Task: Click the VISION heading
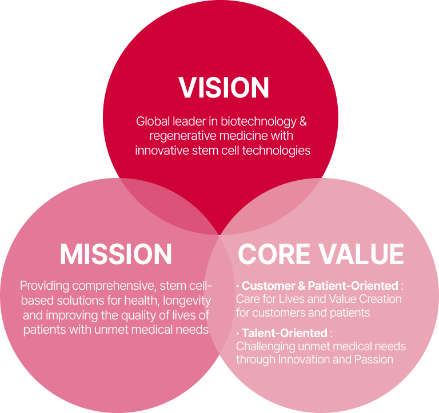click(224, 87)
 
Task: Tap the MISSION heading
click(116, 254)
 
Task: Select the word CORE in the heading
click(274, 254)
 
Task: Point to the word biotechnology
click(258, 122)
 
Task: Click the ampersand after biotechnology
click(303, 122)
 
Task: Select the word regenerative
click(183, 136)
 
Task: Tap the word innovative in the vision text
click(162, 151)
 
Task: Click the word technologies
click(276, 151)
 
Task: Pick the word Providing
click(45, 286)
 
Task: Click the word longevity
click(187, 301)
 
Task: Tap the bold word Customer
click(269, 286)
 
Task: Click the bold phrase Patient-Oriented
click(353, 286)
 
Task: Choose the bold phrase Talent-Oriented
click(285, 333)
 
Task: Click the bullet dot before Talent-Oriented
click(238, 333)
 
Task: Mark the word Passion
click(374, 359)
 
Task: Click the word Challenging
click(266, 347)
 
